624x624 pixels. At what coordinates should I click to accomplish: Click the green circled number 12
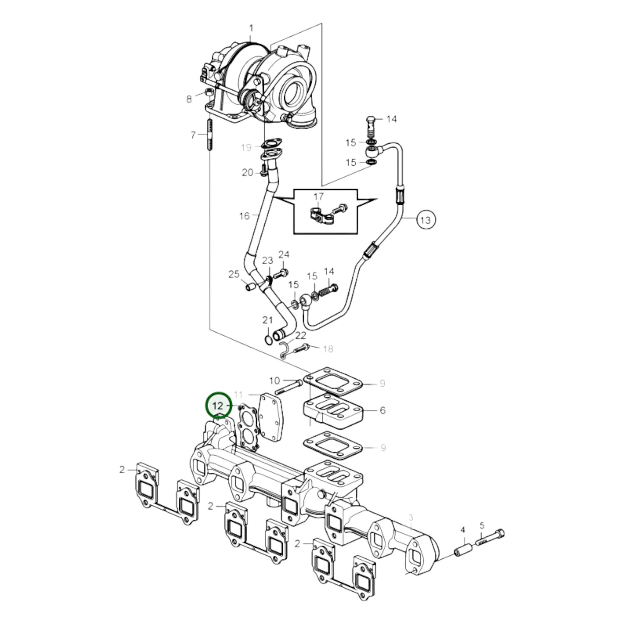(x=218, y=405)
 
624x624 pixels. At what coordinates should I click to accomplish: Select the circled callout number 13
(x=425, y=220)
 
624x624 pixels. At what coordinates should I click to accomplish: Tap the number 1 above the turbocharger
(x=251, y=29)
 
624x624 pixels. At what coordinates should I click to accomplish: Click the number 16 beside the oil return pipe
(x=244, y=215)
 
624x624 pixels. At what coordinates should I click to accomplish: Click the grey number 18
(x=328, y=349)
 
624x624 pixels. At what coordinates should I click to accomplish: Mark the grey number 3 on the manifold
(x=411, y=517)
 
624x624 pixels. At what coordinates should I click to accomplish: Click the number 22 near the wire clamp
(x=300, y=336)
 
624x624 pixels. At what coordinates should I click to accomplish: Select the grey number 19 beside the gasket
(x=246, y=148)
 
